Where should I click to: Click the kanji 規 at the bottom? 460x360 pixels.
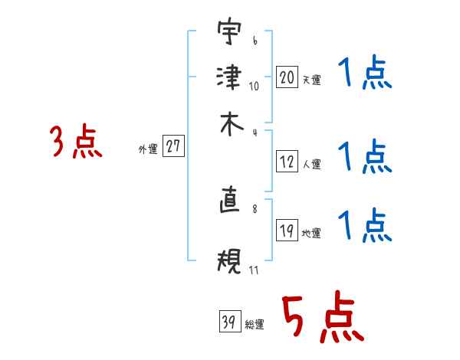229,261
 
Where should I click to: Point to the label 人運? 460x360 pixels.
311,164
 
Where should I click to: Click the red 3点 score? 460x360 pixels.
76,142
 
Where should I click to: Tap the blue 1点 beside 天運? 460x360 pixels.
365,75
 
